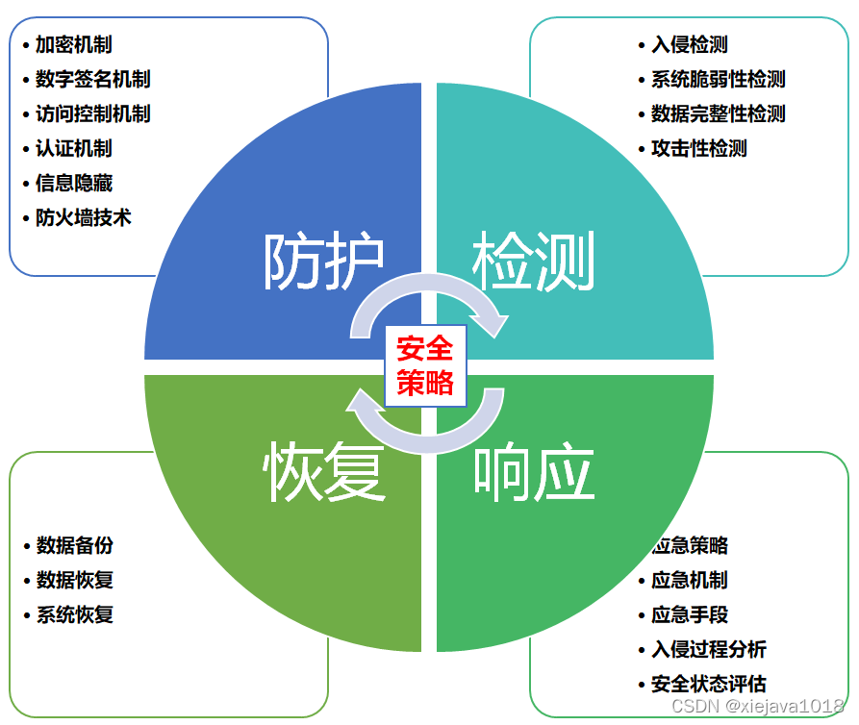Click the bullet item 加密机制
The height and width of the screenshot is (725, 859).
(x=74, y=45)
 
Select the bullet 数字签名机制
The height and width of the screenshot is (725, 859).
(x=93, y=80)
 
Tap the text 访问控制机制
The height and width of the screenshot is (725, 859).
(x=93, y=114)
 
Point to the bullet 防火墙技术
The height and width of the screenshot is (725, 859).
(x=84, y=218)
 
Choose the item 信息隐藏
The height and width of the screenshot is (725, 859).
(x=74, y=184)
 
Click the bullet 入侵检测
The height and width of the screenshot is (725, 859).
(x=690, y=45)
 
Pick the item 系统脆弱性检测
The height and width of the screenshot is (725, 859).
(x=719, y=80)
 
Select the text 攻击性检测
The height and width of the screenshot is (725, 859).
(x=699, y=149)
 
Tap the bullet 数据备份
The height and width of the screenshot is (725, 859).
(x=74, y=546)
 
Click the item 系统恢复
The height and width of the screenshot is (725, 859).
(x=74, y=615)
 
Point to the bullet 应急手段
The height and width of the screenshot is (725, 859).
(x=690, y=615)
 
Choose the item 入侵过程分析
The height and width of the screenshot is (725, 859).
(x=709, y=650)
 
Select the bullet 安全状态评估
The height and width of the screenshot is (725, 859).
(x=709, y=685)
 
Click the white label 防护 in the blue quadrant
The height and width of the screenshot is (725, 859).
(x=324, y=262)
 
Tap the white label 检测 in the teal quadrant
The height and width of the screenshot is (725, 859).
(x=533, y=262)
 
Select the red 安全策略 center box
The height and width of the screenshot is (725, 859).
(x=425, y=365)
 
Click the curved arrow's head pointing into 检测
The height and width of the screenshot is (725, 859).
(x=495, y=323)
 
